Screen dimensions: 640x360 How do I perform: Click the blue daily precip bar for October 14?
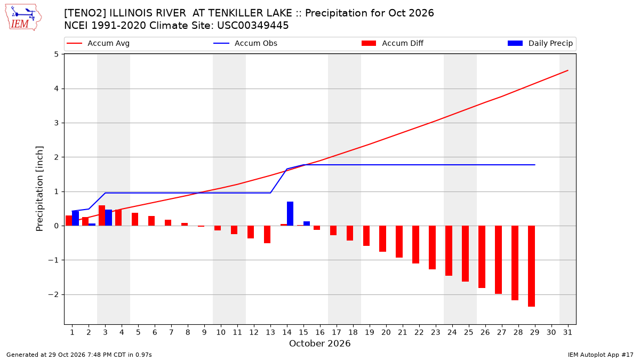click(x=290, y=214)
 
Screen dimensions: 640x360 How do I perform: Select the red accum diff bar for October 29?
click(x=531, y=266)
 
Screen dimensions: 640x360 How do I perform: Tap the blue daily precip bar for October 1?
click(x=75, y=218)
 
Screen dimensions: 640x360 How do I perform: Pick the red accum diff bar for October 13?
click(x=267, y=235)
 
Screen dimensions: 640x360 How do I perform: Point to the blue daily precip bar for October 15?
click(x=307, y=223)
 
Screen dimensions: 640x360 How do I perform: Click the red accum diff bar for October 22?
click(x=415, y=245)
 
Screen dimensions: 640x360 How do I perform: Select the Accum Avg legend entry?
click(x=98, y=43)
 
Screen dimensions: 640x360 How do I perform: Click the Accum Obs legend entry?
click(x=245, y=43)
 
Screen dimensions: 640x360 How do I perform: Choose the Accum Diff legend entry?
click(x=393, y=43)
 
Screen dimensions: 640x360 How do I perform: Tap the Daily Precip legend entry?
click(x=540, y=43)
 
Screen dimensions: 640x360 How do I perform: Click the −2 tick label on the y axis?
click(x=53, y=294)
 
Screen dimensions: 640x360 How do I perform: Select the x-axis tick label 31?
click(x=567, y=333)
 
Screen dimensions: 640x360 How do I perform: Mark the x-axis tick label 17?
click(x=337, y=333)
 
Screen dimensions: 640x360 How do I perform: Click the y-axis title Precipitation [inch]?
click(x=39, y=189)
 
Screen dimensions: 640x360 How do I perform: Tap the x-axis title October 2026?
click(x=319, y=343)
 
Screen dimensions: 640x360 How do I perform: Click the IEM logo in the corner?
click(x=23, y=18)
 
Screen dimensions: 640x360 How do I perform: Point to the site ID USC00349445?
click(x=253, y=26)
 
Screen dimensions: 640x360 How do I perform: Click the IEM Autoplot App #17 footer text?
click(x=601, y=355)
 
